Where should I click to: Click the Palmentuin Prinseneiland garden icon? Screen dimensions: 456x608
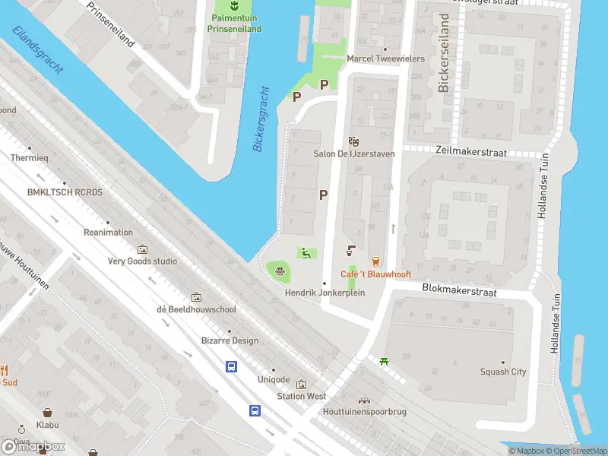234,5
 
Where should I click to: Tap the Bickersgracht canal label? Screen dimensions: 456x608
262,119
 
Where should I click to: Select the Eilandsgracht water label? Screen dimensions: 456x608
38,49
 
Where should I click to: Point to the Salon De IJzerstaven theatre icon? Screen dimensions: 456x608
353,141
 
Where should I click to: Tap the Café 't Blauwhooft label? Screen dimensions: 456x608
375,274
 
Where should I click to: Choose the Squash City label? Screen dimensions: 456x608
503,372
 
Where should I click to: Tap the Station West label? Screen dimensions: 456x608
301,396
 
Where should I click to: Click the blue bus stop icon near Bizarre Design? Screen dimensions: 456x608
231,366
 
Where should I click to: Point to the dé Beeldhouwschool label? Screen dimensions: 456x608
197,309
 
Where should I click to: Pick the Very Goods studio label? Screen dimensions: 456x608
142,261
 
